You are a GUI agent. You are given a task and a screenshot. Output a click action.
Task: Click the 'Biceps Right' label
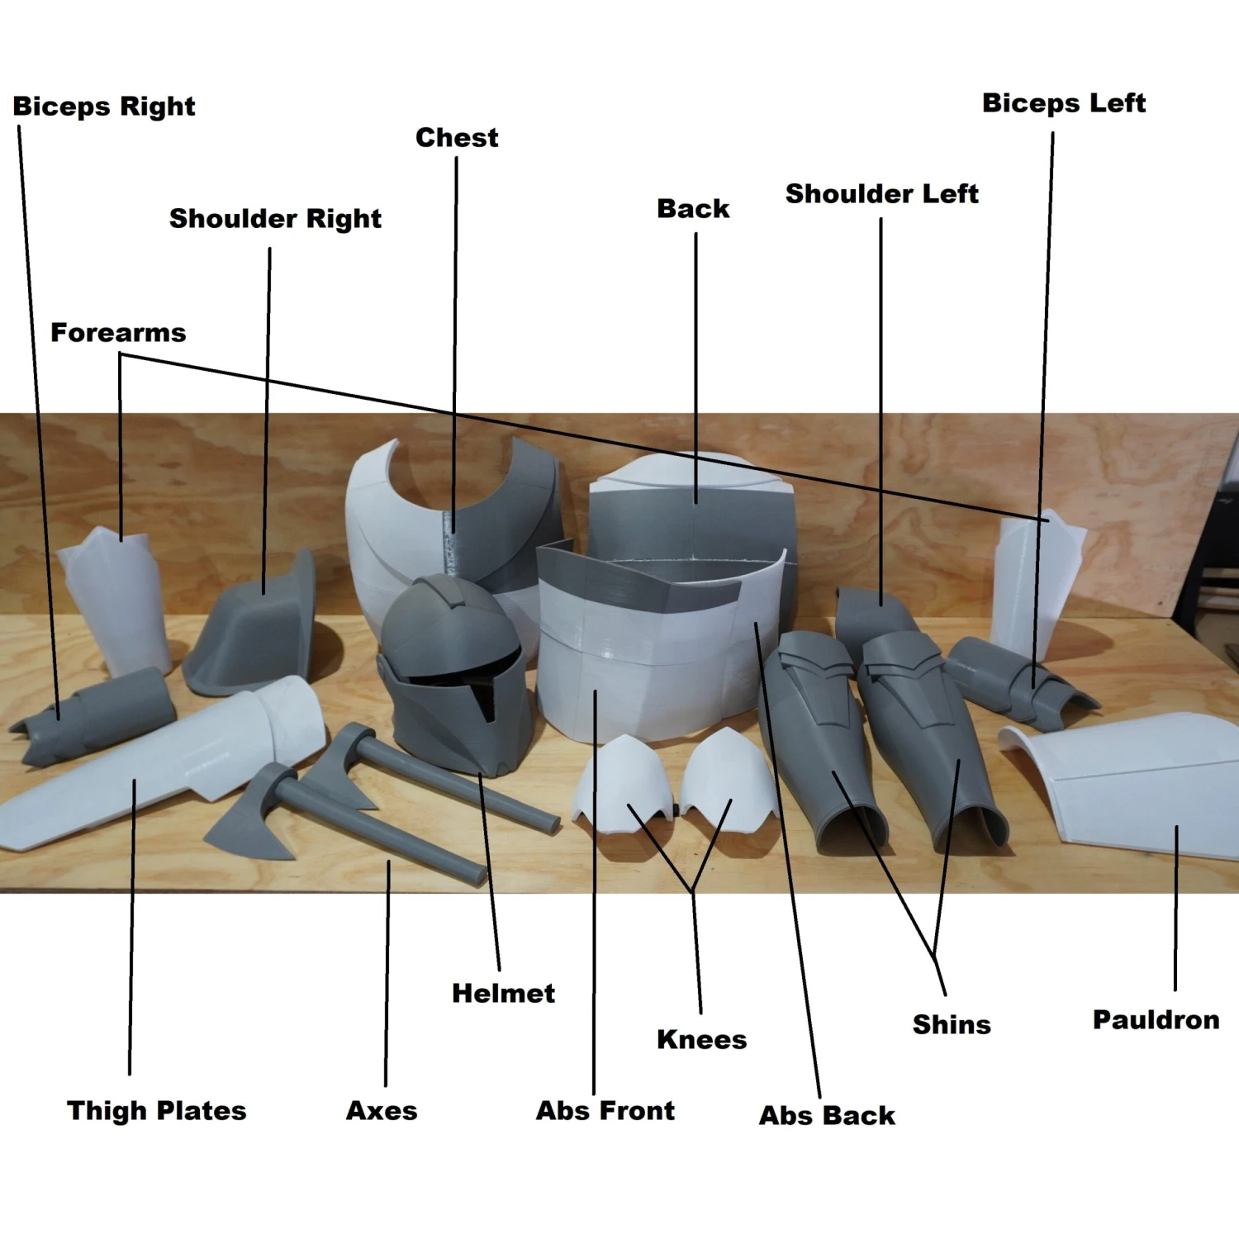click(104, 107)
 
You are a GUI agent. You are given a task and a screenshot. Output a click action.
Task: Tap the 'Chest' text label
click(457, 137)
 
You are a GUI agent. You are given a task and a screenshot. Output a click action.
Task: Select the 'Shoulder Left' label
click(881, 194)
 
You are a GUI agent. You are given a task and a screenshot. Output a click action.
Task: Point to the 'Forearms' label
click(118, 332)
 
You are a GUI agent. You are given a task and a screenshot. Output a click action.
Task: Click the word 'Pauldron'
click(1156, 1020)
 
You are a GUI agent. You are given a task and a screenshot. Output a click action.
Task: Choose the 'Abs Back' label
click(827, 1116)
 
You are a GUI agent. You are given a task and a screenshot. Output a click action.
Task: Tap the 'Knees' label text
click(701, 1039)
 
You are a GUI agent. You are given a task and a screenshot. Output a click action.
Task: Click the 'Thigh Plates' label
click(156, 1111)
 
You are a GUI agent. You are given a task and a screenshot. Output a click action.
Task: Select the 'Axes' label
click(381, 1111)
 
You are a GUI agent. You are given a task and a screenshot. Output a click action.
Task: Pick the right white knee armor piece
click(727, 776)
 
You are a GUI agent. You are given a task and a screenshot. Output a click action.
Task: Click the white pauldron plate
click(1132, 785)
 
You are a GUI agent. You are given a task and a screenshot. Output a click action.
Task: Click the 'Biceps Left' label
click(1063, 103)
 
